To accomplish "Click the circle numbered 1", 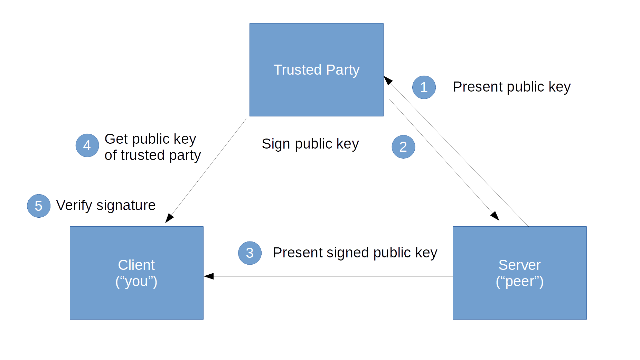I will [x=424, y=87].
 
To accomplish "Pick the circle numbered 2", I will [x=403, y=147].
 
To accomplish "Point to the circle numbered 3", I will [x=250, y=253].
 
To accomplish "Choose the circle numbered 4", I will [x=87, y=145].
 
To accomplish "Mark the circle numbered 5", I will [x=39, y=206].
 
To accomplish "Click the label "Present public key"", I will [x=511, y=87].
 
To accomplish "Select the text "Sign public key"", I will [x=310, y=144].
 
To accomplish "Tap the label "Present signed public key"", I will [x=355, y=253].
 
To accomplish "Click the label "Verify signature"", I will [x=106, y=205].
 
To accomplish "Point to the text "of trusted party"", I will [x=152, y=155].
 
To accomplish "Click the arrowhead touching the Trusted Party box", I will [x=388, y=80].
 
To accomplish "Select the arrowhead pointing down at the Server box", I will [x=495, y=216].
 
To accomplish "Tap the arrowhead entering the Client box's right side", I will [x=209, y=276].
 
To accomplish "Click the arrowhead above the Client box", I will [x=169, y=218].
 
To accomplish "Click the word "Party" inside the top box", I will [x=342, y=70].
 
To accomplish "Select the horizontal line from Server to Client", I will [x=328, y=276].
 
